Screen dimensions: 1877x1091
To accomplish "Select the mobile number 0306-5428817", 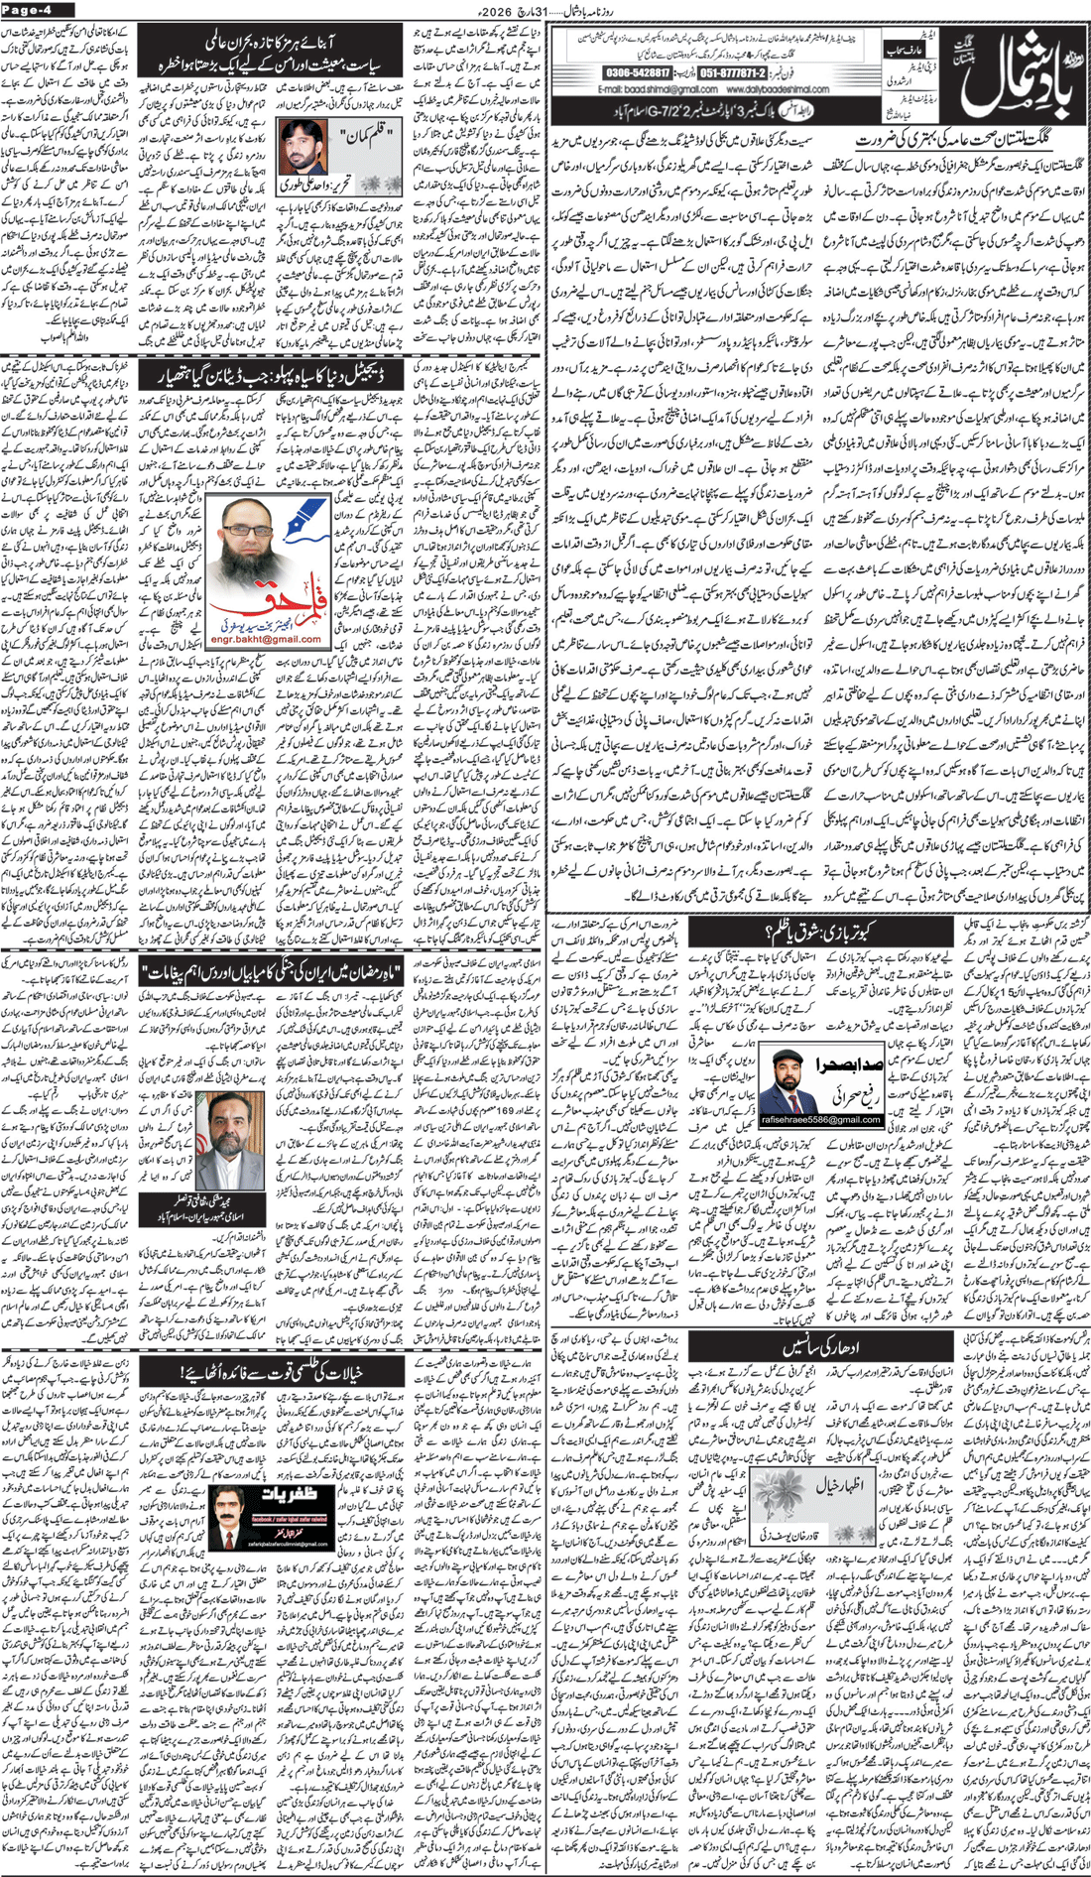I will click(x=637, y=73).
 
